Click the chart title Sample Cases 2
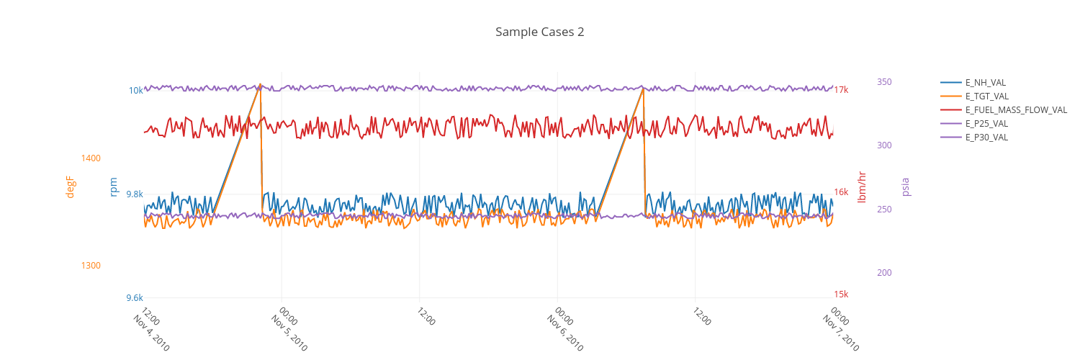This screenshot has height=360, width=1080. click(539, 32)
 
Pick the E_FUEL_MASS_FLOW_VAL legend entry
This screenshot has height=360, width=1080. click(1016, 109)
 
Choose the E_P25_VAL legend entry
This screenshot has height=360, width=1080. click(986, 123)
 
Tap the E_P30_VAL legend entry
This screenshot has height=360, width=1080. click(986, 137)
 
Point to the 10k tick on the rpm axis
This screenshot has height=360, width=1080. click(135, 91)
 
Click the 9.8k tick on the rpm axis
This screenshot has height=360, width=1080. click(134, 194)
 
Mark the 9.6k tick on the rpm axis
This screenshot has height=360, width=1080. click(134, 297)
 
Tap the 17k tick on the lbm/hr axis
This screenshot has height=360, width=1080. click(841, 90)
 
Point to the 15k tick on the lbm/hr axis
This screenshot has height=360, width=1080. click(841, 294)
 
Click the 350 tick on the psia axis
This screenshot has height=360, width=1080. click(884, 82)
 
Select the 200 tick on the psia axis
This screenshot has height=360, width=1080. click(884, 273)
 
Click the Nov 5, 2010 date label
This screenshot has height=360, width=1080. click(289, 333)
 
